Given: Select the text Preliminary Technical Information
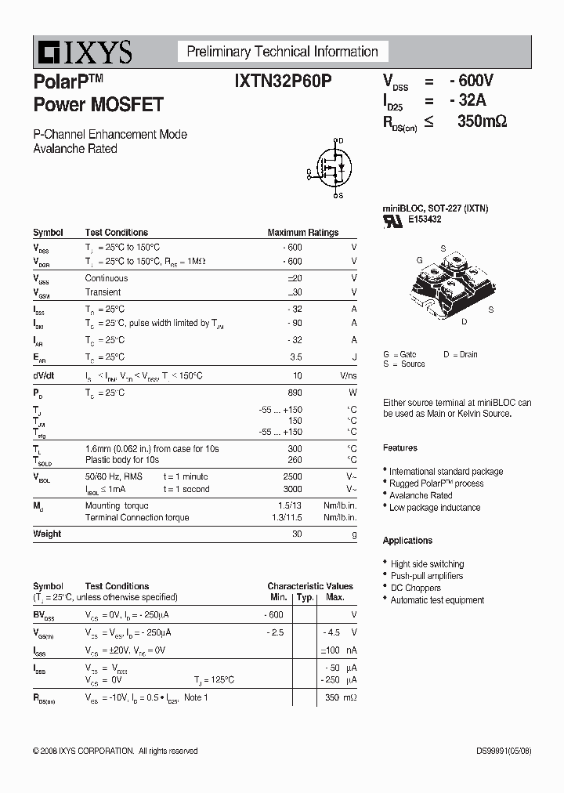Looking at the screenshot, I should point(282,52).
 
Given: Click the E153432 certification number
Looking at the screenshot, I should point(425,220).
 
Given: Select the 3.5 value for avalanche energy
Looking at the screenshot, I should point(295,357).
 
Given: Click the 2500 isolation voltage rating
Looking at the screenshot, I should point(291,476).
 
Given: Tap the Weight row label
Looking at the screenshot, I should point(47,534).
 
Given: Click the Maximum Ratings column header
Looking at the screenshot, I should point(302,233).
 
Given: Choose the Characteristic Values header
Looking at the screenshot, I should point(310,586).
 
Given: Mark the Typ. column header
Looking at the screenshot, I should point(305,598).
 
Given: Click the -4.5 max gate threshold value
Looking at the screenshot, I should point(332,632).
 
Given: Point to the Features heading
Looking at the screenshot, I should point(400,448).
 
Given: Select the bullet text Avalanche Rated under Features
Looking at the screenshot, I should point(421,496).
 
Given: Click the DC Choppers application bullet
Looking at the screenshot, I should point(415,588).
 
